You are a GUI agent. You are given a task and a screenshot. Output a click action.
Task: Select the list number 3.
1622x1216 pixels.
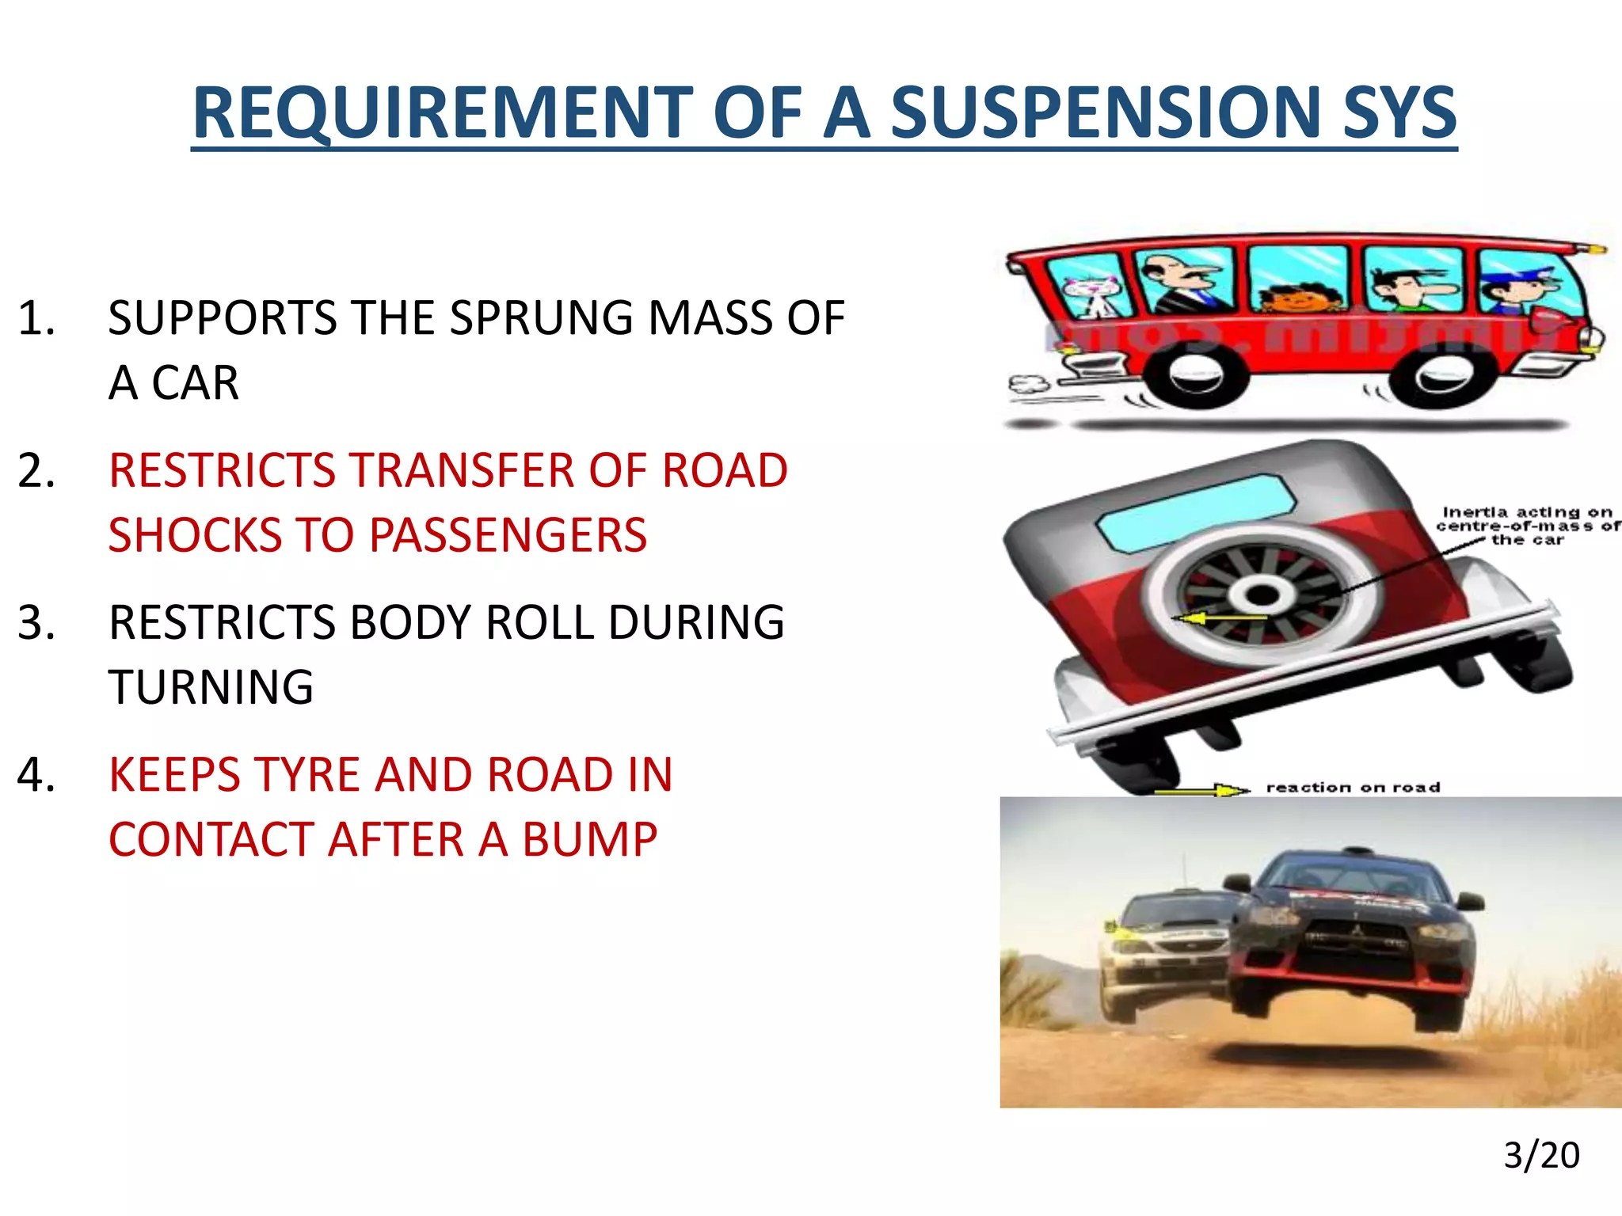[x=36, y=622]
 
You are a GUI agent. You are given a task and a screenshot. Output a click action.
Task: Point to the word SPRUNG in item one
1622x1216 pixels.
[x=543, y=318]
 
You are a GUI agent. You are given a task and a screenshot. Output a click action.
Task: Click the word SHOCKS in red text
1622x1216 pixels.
[x=230, y=535]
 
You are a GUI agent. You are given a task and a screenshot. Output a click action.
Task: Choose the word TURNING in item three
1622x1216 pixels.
[x=211, y=687]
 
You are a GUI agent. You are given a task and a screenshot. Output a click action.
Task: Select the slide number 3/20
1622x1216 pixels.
[x=1541, y=1155]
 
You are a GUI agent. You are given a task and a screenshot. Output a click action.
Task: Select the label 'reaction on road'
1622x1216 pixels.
[x=1353, y=788]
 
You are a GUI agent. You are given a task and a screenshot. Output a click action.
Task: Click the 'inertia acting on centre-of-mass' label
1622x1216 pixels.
[x=1527, y=526]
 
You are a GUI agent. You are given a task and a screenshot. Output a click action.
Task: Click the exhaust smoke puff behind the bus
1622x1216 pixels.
[x=1028, y=386]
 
